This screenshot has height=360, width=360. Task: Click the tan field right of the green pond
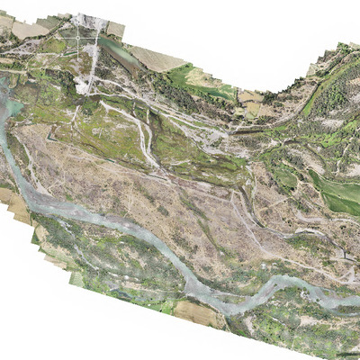pos(158,60)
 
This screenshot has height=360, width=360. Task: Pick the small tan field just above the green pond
pos(116,30)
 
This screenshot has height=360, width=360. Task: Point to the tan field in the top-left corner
pos(27,27)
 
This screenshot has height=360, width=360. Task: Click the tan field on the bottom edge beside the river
pos(200,314)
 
